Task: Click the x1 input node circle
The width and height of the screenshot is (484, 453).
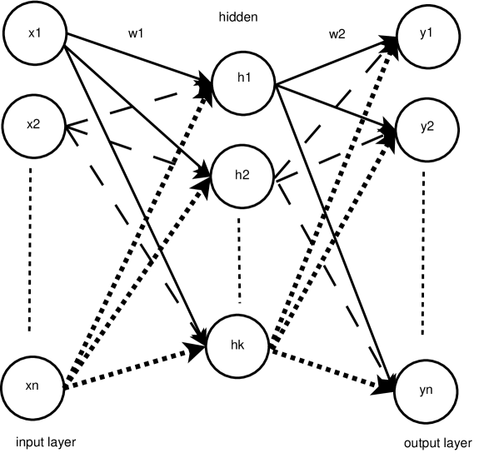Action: [34, 34]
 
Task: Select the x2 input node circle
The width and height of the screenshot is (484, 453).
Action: [34, 126]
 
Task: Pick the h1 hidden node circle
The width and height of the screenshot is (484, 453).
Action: [243, 84]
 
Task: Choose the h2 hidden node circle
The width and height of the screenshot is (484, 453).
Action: [242, 176]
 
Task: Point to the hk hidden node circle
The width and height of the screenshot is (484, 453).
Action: [237, 346]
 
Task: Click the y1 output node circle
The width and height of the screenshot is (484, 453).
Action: [427, 34]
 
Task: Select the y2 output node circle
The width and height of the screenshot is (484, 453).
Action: [427, 128]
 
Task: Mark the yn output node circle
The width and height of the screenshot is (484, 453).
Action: [427, 391]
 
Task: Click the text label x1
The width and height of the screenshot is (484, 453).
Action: [34, 34]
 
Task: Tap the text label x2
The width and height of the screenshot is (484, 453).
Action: [34, 125]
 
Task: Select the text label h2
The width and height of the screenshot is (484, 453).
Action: [242, 175]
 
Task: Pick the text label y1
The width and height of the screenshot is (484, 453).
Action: [427, 34]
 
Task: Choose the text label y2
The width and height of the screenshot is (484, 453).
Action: [427, 128]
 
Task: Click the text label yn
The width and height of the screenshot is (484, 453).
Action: [427, 391]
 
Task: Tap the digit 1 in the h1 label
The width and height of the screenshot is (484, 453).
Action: [247, 78]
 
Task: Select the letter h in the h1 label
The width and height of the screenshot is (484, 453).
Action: [240, 78]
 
